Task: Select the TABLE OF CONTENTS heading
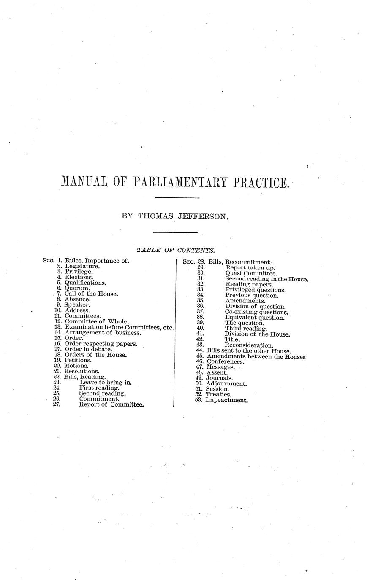tap(177, 251)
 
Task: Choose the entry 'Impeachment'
tap(226, 400)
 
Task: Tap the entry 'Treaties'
tap(218, 394)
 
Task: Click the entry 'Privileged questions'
tap(256, 290)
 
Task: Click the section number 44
tap(200, 350)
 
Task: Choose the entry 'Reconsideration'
tap(249, 345)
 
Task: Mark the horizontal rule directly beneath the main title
tap(177, 198)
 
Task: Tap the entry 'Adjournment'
tap(227, 384)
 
